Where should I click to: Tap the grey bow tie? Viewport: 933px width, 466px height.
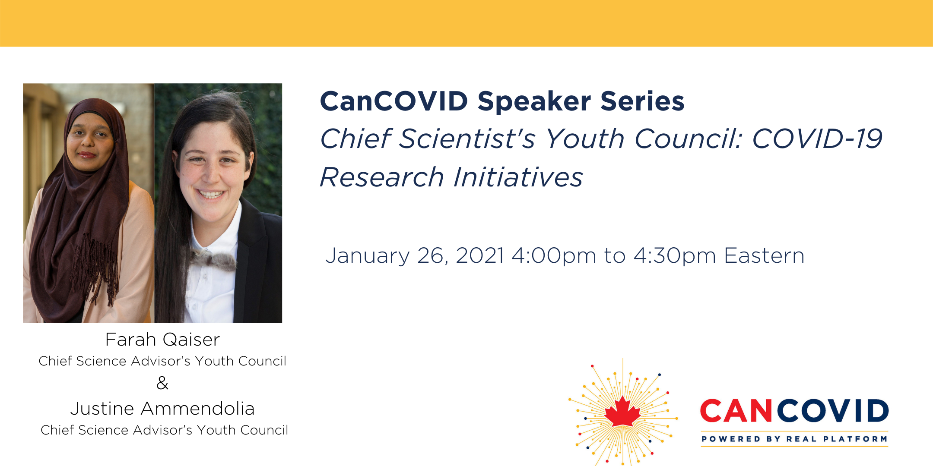[x=213, y=259]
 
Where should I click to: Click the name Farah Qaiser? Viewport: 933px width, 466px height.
[x=162, y=340]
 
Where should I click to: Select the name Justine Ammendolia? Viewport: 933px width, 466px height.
[x=162, y=409]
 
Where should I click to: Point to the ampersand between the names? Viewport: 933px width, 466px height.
[x=162, y=383]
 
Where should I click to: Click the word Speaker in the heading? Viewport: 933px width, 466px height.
[x=534, y=102]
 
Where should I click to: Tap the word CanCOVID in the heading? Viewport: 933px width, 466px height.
[x=394, y=101]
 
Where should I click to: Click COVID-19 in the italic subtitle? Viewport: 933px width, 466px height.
[x=817, y=139]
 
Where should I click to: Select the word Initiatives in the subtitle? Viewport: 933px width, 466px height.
[x=518, y=177]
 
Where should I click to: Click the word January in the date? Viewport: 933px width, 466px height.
[x=367, y=256]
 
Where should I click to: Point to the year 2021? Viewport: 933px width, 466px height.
[x=480, y=255]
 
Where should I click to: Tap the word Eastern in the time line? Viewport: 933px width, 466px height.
[x=764, y=255]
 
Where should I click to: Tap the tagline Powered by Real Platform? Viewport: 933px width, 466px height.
[x=794, y=439]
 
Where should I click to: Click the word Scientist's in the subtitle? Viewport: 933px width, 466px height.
[x=467, y=139]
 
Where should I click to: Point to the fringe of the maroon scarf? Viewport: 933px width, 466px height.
[x=95, y=268]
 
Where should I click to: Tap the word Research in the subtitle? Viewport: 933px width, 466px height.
[x=382, y=177]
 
